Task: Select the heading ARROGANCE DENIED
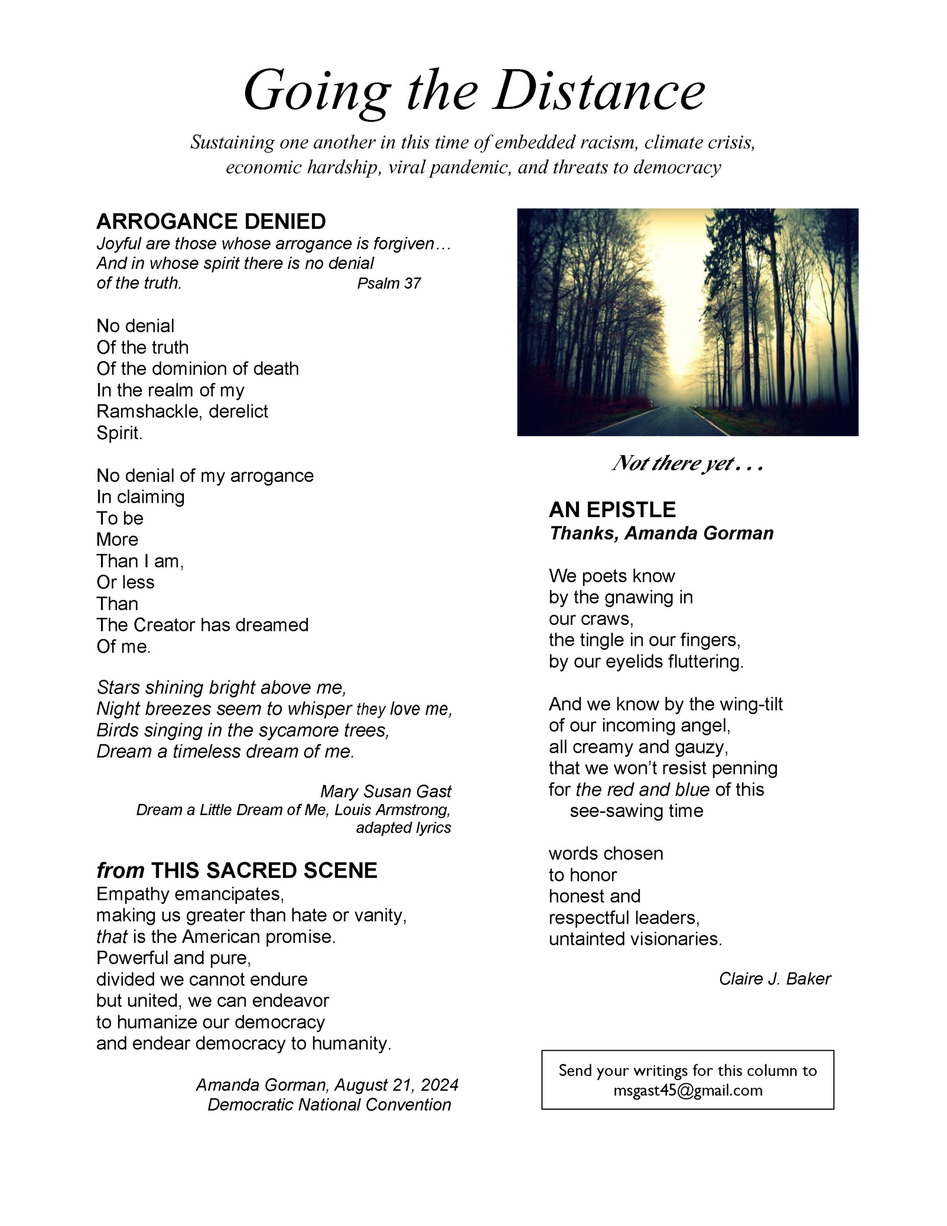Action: tap(211, 222)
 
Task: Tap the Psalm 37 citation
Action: tap(388, 284)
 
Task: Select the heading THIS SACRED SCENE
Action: tap(264, 871)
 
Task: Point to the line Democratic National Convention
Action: tap(329, 1105)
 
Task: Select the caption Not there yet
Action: tap(687, 464)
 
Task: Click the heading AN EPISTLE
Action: tap(612, 510)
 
